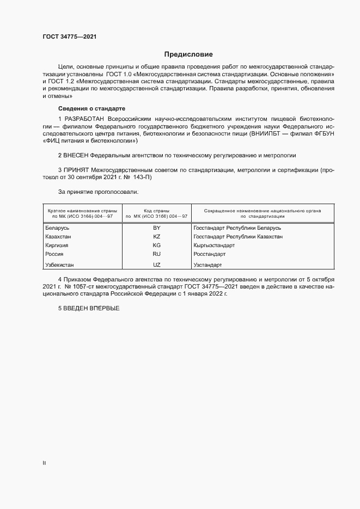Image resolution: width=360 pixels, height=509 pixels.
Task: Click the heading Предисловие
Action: pyautogui.click(x=188, y=54)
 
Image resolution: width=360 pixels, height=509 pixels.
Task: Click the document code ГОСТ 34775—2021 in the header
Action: pyautogui.click(x=70, y=37)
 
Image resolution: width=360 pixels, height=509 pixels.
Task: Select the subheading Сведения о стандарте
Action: pyautogui.click(x=91, y=109)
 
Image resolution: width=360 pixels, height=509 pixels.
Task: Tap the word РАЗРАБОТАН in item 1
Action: pyautogui.click(x=84, y=119)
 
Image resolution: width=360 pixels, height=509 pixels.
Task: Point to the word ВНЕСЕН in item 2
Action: pyautogui.click(x=76, y=155)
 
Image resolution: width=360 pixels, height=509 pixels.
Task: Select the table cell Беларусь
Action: pyautogui.click(x=58, y=228)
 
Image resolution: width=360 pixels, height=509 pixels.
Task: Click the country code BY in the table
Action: pyautogui.click(x=156, y=228)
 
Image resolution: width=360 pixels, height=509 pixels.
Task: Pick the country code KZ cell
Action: pyautogui.click(x=156, y=237)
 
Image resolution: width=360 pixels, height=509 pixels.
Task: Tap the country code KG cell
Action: pyautogui.click(x=156, y=246)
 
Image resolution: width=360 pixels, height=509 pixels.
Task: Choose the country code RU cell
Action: pyautogui.click(x=156, y=254)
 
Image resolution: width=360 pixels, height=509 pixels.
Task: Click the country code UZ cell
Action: pyautogui.click(x=156, y=265)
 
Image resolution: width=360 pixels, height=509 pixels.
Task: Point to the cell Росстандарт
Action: pyautogui.click(x=210, y=254)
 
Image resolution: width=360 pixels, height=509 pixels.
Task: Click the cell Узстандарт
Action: pyautogui.click(x=208, y=265)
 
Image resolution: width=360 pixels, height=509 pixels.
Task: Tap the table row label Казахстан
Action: pyautogui.click(x=59, y=237)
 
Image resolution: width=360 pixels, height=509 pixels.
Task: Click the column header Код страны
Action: pyautogui.click(x=156, y=210)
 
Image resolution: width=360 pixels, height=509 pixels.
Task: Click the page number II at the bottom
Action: pyautogui.click(x=44, y=463)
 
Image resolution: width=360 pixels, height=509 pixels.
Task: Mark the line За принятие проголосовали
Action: pyautogui.click(x=98, y=192)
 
